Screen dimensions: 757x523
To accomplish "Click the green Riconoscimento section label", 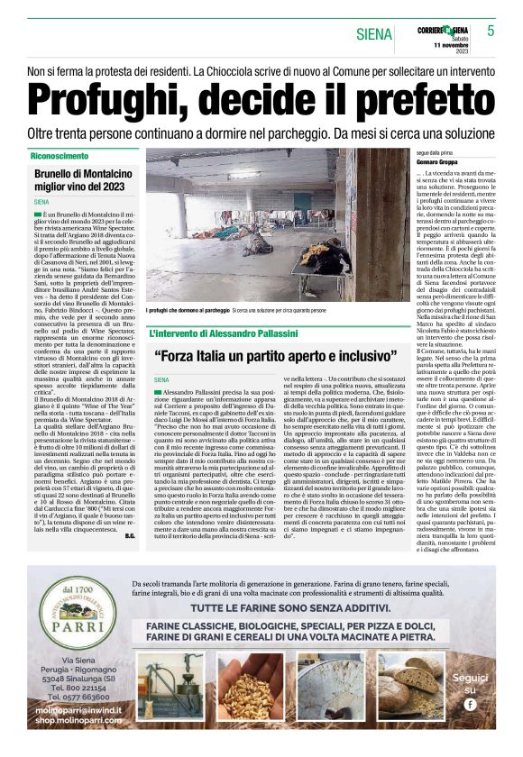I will pos(60,156).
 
